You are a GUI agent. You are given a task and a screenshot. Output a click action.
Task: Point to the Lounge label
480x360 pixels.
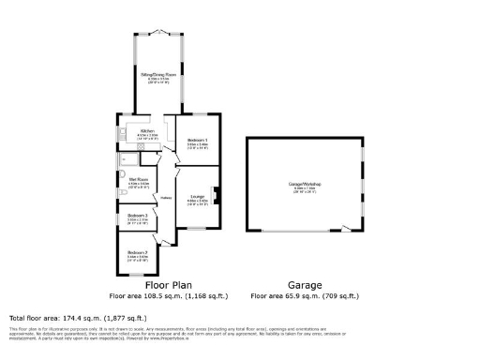pos(197,197)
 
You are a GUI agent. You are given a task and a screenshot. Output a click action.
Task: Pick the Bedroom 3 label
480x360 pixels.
pos(138,217)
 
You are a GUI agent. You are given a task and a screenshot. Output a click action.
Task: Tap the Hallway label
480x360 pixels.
pos(165,198)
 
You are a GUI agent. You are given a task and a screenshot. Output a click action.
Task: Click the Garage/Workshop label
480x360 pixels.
pos(305,185)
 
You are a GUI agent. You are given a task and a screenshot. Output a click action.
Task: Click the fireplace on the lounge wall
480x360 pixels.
pos(217,196)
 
